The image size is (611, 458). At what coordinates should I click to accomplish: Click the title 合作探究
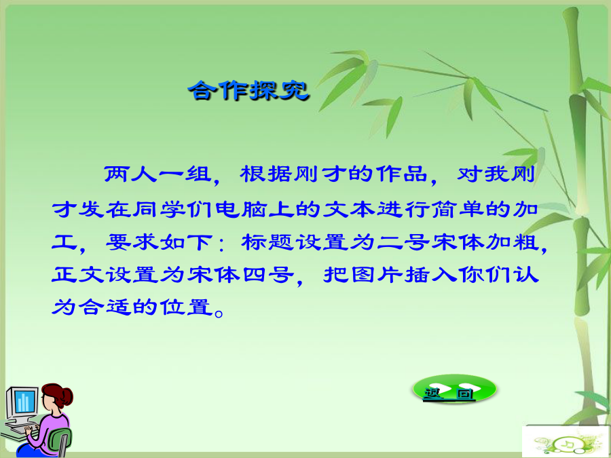[x=248, y=91]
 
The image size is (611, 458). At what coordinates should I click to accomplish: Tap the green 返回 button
[x=454, y=388]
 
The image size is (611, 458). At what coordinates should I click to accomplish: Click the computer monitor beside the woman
[x=22, y=406]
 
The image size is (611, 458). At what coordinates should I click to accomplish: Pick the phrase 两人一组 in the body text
[x=157, y=175]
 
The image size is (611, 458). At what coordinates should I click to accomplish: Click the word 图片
[x=377, y=275]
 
